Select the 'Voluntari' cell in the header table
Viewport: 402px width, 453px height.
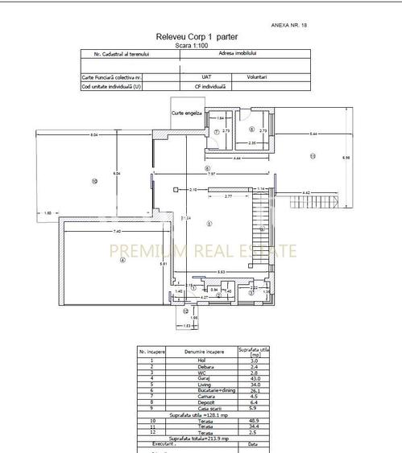click(x=257, y=76)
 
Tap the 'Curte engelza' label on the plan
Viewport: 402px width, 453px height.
click(x=185, y=113)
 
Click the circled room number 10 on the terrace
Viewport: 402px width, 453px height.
click(x=94, y=182)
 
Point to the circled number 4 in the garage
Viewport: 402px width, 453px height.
click(x=122, y=260)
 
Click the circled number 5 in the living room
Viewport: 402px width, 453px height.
click(x=209, y=224)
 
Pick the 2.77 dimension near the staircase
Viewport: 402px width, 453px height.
click(x=229, y=196)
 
